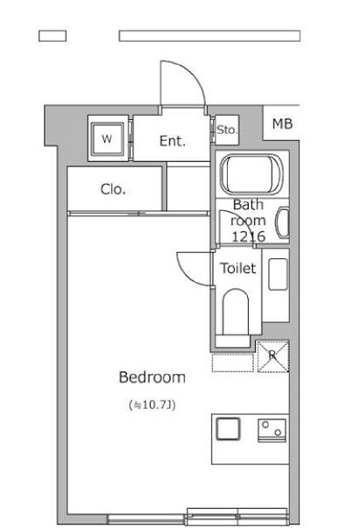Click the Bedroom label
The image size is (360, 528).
pos(152,377)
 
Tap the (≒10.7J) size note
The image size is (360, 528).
pos(152,405)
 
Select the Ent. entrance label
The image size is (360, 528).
pos(173,141)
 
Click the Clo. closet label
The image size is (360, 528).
pos(113,189)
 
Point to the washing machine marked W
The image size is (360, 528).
pos(108,138)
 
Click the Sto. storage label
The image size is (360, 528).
pos(228,130)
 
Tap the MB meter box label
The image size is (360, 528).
pos(282,124)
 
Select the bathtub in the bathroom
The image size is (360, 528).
pos(251,174)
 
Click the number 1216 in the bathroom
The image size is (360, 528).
pos(249,236)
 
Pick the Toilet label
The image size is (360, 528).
pos(238,268)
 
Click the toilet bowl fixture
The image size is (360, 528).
pos(236,315)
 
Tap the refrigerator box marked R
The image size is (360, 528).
pos(273,356)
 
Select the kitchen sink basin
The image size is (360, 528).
pos(228,429)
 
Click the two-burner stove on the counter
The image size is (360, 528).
pos(272,430)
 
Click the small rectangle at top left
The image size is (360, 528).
pos(53,36)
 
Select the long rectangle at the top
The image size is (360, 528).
pos(209,36)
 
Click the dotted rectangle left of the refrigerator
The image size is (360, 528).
pos(232,363)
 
